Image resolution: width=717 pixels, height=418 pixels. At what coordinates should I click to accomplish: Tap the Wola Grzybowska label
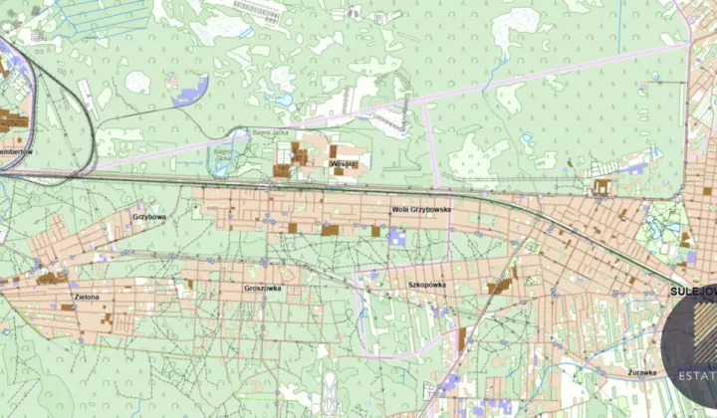[421, 210]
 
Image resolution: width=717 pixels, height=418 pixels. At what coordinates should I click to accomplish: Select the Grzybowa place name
[148, 216]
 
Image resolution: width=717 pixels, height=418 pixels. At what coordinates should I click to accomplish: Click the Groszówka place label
[262, 288]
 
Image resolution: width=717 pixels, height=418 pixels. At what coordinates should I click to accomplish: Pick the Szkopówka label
[426, 285]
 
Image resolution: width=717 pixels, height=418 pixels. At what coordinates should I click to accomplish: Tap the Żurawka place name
[641, 372]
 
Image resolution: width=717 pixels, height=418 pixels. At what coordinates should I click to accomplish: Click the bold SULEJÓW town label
[689, 292]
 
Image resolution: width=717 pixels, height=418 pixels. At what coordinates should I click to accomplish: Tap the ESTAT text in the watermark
[696, 376]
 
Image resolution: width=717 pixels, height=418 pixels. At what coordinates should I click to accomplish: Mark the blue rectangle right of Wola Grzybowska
[397, 237]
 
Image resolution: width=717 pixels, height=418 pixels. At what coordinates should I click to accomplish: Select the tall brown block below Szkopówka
[462, 339]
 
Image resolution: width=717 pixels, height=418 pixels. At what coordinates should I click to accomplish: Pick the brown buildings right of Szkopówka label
[501, 286]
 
